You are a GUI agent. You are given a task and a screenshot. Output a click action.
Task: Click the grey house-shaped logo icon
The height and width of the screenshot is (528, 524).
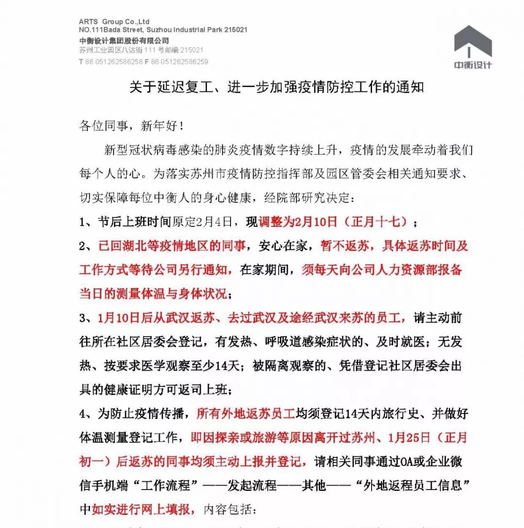(x=473, y=42)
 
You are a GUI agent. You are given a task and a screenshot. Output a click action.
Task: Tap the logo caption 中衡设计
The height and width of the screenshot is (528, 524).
(x=473, y=65)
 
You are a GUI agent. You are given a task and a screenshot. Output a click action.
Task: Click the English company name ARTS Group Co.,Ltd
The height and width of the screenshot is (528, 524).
(x=114, y=21)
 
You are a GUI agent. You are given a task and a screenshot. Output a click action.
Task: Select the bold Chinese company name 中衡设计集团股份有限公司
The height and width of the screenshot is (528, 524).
(x=124, y=40)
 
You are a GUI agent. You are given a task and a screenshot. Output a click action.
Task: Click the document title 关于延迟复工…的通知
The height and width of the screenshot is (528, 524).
(x=277, y=87)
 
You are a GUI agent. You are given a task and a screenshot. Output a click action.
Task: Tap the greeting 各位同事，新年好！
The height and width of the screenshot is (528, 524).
(x=131, y=127)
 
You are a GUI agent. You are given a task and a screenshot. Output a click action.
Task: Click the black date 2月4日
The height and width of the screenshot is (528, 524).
(x=215, y=222)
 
